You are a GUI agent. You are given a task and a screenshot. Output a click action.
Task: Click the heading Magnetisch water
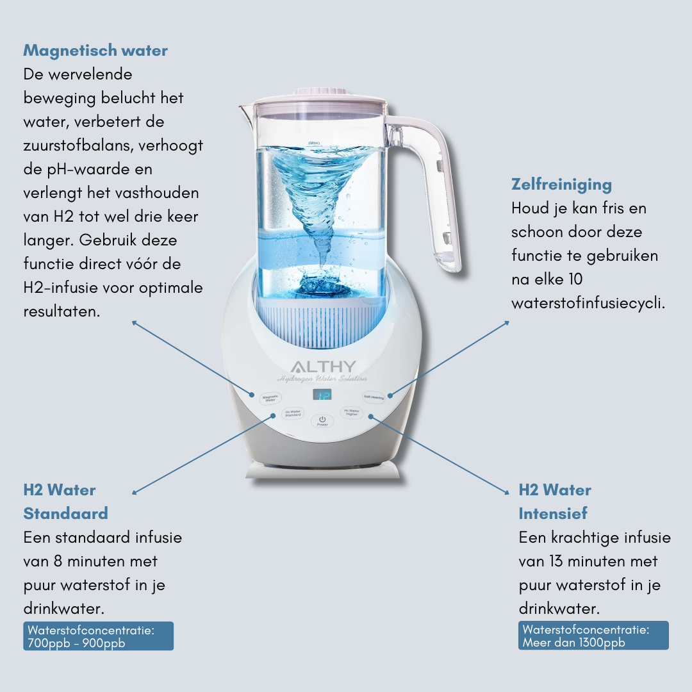point(95,51)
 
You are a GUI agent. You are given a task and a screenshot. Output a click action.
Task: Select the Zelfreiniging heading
point(561,185)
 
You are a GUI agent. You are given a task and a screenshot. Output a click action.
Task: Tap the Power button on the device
point(322,420)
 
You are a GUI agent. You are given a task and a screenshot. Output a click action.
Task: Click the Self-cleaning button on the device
point(374,397)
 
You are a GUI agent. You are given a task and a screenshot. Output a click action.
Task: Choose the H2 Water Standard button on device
point(293,413)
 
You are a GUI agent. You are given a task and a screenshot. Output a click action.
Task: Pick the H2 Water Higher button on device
point(352,413)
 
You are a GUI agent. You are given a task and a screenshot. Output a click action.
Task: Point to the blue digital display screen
point(322,395)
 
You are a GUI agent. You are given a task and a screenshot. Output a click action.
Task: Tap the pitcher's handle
point(442,192)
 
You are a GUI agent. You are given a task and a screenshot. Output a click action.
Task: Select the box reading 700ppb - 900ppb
point(98,636)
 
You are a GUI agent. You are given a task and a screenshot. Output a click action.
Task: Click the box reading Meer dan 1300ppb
point(593,636)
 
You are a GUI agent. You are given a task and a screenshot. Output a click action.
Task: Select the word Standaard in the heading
point(65,513)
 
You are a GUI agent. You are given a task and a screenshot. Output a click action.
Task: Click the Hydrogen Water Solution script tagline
point(322,379)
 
